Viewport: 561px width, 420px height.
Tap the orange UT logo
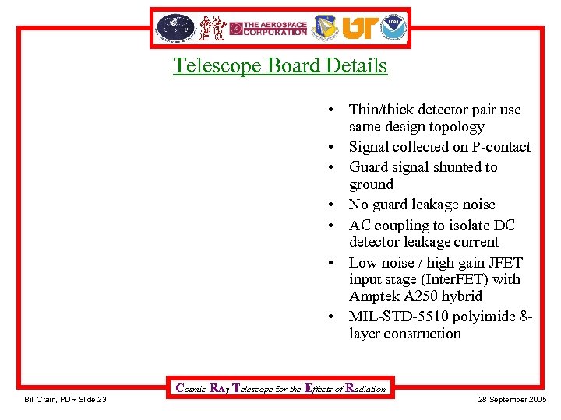pyautogui.click(x=359, y=28)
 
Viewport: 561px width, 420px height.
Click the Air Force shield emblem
pyautogui.click(x=326, y=28)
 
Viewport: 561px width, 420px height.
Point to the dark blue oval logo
pyautogui.click(x=175, y=27)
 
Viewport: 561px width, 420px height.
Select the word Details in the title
pyautogui.click(x=356, y=65)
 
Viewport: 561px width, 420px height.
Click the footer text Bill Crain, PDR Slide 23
pyautogui.click(x=65, y=400)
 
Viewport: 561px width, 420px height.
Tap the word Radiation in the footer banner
pyautogui.click(x=365, y=388)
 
